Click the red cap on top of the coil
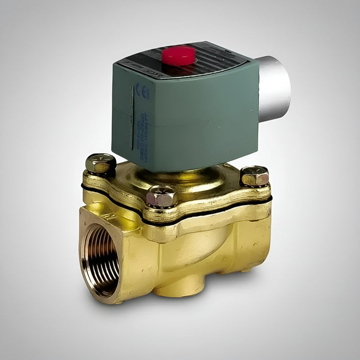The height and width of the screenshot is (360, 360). pos(178,55)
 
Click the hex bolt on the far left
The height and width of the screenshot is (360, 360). pos(100,164)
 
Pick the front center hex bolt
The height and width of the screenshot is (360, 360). pos(161,196)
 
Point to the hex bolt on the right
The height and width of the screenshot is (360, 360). pos(254,176)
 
